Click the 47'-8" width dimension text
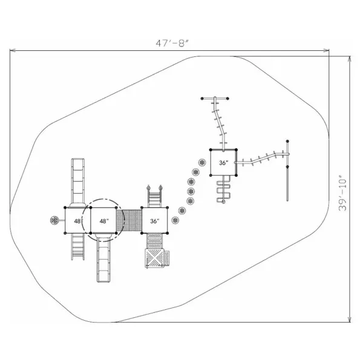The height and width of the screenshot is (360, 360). pos(172,43)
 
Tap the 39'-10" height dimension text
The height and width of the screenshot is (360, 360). pos(343,193)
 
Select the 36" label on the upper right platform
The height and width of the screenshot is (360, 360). pos(224,163)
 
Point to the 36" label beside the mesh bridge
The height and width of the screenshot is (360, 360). pos(155,221)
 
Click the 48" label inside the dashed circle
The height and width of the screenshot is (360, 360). pos(104,221)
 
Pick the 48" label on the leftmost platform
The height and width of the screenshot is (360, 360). pos(78,221)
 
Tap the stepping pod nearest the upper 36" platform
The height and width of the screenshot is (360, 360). pos(202,163)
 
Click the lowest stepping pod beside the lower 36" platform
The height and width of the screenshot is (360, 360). pos(175,220)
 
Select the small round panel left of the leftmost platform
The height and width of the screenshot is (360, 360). pos(54,220)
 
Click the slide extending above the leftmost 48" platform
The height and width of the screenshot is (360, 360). pos(78,182)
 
